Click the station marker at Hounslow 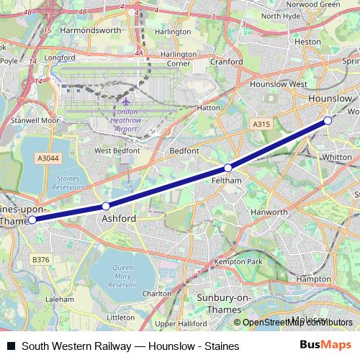pos(328,120)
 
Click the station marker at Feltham pos(228,168)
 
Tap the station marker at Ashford pos(106,207)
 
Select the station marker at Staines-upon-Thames pos(32,220)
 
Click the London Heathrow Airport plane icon pos(125,102)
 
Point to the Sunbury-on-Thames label pos(224,303)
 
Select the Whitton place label pos(337,156)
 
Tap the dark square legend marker pos(11,346)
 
